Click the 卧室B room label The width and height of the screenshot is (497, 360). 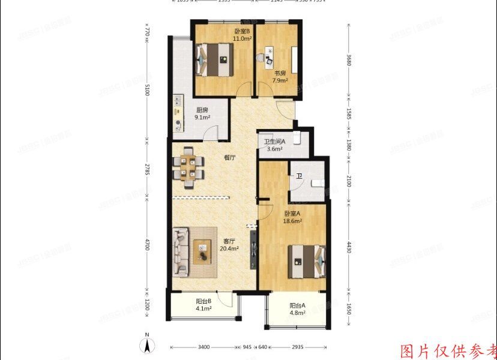(241, 31)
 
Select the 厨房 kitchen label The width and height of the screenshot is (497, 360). (202, 110)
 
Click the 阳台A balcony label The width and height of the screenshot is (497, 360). (297, 305)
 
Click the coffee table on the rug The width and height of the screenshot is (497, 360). (202, 251)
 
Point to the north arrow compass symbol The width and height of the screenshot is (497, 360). (145, 346)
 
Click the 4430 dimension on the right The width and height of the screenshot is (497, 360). (349, 248)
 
